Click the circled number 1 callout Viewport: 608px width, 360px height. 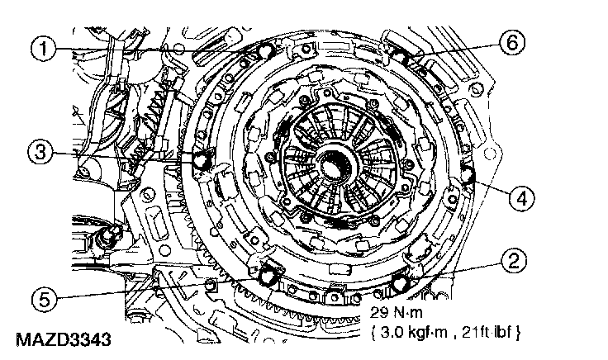[x=44, y=49]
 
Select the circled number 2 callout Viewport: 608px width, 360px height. [x=513, y=261]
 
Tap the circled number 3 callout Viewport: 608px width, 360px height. [x=40, y=152]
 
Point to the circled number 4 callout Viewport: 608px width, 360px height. [x=521, y=199]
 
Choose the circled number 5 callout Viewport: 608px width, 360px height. [x=45, y=299]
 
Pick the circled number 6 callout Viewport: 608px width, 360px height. [x=512, y=42]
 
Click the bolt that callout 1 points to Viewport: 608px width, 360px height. [x=266, y=50]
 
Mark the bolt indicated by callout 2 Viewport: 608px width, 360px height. [x=400, y=284]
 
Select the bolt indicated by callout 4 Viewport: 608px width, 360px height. [x=468, y=175]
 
